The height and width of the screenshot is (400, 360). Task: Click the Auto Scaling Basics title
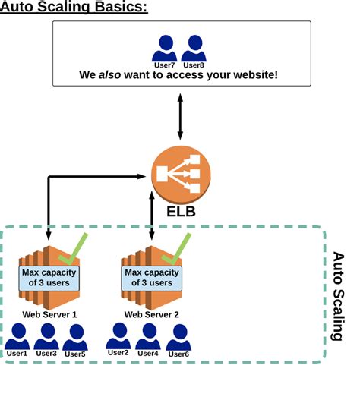tap(74, 8)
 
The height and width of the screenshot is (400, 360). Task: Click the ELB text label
tap(181, 211)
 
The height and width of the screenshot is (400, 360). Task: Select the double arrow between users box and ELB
tap(179, 116)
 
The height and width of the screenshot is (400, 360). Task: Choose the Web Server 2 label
tap(152, 313)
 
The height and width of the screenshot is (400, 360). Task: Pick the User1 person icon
tap(17, 335)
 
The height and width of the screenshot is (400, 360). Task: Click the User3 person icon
tap(46, 335)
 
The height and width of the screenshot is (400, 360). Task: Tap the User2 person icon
tap(118, 335)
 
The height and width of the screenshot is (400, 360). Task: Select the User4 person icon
tap(147, 335)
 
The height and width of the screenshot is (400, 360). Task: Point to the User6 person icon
tap(178, 336)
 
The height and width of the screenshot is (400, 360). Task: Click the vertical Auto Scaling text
tap(338, 296)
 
